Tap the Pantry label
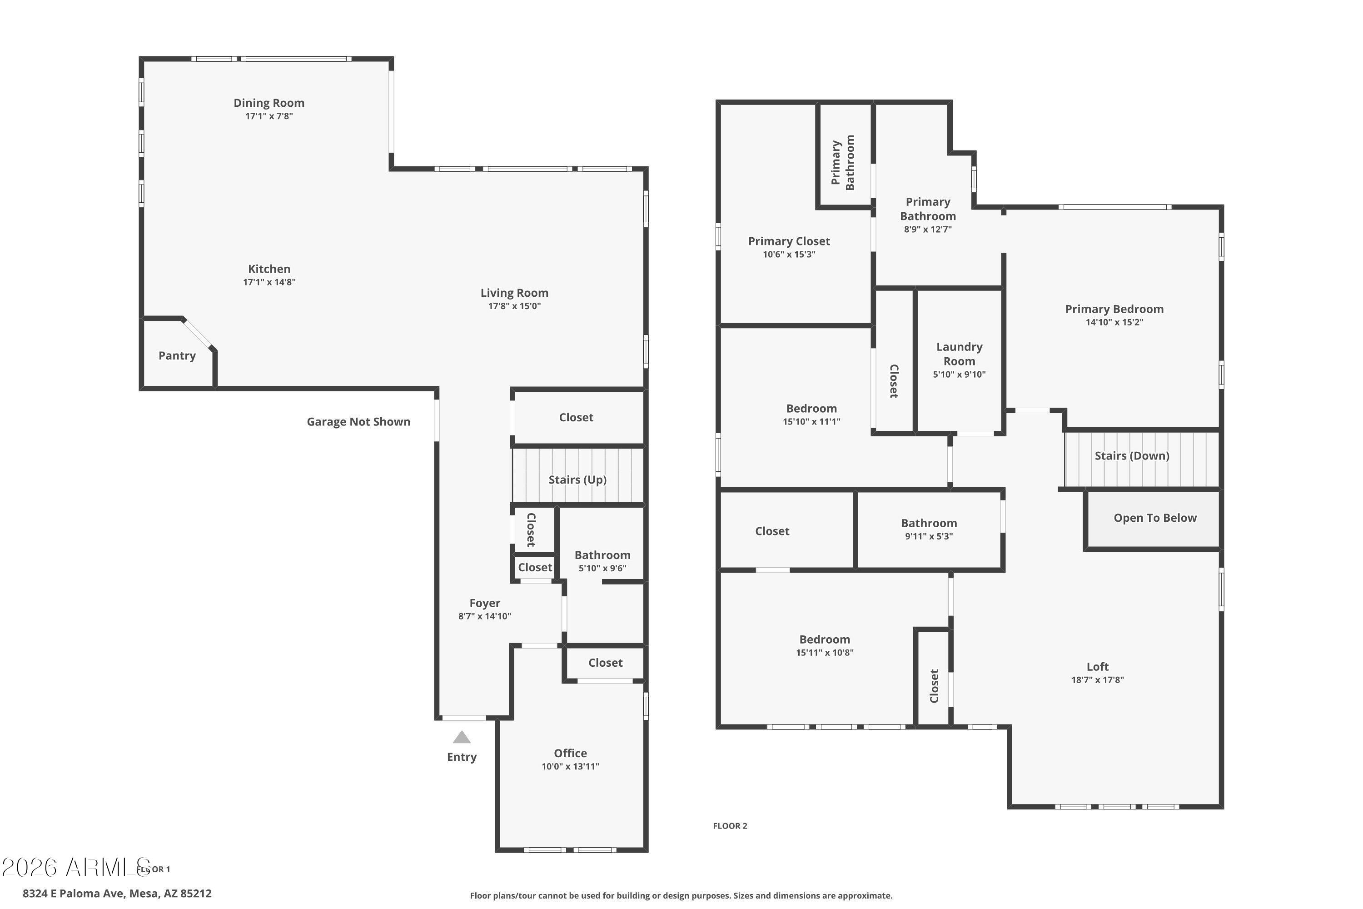click(x=177, y=356)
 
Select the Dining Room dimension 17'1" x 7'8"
click(x=269, y=116)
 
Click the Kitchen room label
click(x=269, y=269)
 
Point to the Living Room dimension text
click(x=515, y=306)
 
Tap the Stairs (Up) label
click(x=578, y=480)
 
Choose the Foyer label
click(x=485, y=604)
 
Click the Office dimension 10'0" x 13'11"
click(x=570, y=766)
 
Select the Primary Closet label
click(x=789, y=241)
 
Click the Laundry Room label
click(x=960, y=354)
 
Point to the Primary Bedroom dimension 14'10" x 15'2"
click(x=1114, y=322)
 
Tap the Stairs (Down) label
click(x=1132, y=456)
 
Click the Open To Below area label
click(x=1155, y=518)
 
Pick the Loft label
click(x=1098, y=667)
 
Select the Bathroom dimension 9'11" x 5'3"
click(x=929, y=536)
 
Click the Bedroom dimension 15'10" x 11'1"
click(x=811, y=421)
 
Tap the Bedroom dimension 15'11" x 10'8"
click(x=825, y=652)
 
